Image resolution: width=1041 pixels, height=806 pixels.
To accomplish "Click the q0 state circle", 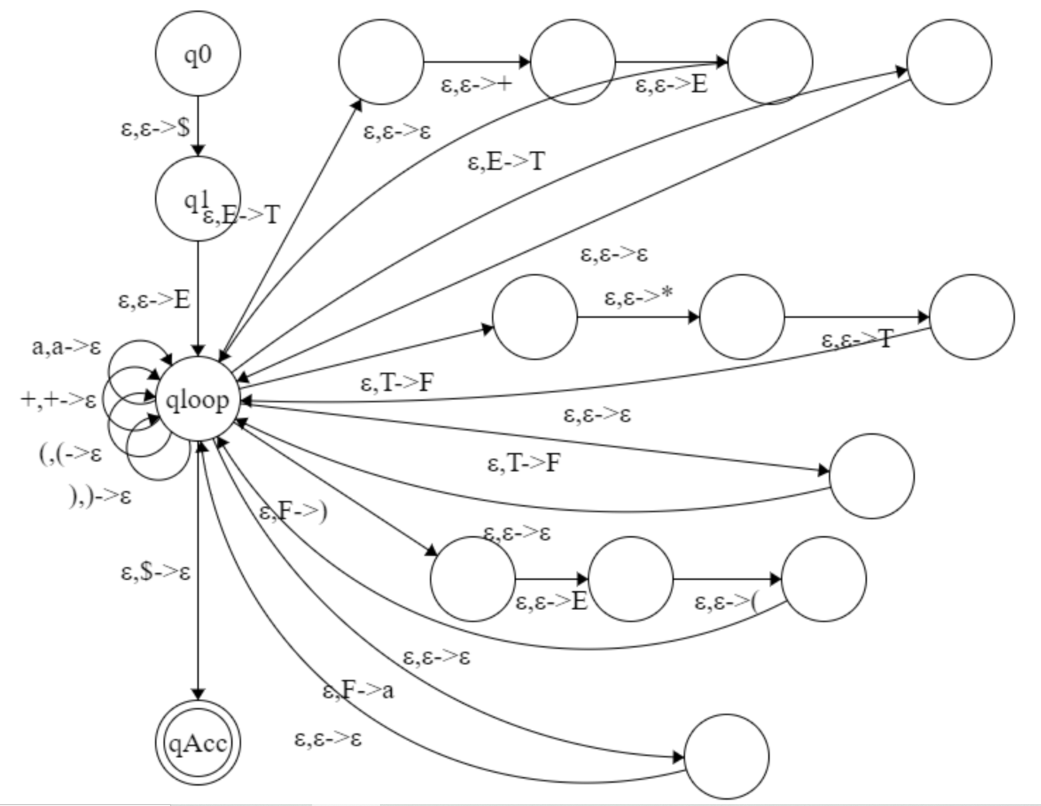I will point(197,54).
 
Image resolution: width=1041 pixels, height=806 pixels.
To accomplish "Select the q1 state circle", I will point(197,199).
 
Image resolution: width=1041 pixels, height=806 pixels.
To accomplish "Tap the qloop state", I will point(197,400).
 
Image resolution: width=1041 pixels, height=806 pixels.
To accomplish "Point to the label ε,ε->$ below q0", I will point(156,128).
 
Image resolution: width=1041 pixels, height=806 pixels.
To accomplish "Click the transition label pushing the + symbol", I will point(476,85).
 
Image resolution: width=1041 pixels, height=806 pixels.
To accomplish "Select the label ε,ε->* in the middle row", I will point(639,297).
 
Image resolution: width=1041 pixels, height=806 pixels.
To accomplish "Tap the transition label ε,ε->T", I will point(857,340).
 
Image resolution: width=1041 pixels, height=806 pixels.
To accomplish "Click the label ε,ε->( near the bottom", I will point(727,602).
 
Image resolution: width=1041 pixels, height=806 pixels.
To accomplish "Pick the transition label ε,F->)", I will point(293,512).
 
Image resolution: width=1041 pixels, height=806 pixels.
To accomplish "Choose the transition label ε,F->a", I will point(358,690).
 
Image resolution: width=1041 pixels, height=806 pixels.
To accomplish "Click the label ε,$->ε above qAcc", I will point(156,571).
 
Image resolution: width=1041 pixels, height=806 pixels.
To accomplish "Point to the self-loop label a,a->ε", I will point(67,347).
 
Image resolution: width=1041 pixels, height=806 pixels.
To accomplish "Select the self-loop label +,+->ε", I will point(58,399).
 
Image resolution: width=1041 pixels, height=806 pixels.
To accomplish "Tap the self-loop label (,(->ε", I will point(70,453).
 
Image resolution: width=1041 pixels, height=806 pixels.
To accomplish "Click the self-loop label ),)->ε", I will point(101,497).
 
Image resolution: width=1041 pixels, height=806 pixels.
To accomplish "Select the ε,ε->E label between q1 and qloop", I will point(154,300).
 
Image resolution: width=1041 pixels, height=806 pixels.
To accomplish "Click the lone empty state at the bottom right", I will point(726,757).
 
